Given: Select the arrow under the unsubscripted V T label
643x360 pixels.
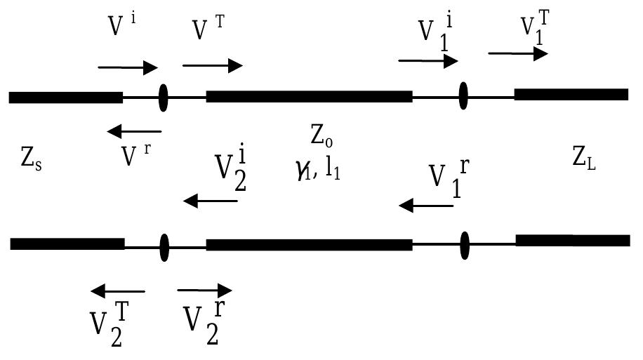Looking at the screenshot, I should (212, 66).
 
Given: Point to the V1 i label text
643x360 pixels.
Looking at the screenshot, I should (435, 32).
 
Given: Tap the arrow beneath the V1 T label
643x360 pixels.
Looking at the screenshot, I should (518, 53).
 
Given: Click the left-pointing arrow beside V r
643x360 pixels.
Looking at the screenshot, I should (134, 131).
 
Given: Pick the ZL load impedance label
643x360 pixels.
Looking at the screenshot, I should (587, 161).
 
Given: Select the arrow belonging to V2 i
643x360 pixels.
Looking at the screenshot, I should (210, 202).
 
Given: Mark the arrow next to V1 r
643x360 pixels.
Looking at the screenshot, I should (426, 206).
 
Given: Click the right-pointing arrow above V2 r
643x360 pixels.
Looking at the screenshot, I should (204, 290).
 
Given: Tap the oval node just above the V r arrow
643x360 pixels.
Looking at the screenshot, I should (164, 97).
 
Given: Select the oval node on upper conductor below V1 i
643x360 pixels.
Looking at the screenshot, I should (463, 95).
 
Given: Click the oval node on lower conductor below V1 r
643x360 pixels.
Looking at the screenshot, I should (464, 244).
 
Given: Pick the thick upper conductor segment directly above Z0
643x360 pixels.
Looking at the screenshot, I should (309, 96).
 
